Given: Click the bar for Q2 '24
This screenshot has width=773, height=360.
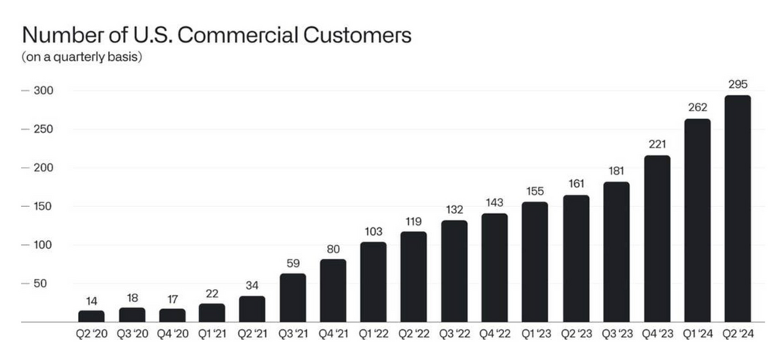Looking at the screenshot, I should point(737,209).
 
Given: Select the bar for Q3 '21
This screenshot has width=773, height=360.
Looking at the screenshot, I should point(293,297).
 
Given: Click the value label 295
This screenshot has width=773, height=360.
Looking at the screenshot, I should point(737,84).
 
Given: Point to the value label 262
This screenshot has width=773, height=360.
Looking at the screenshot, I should point(696,108).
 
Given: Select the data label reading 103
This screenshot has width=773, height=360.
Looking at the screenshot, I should point(373,232).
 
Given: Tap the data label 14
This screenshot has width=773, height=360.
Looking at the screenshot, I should point(91,301).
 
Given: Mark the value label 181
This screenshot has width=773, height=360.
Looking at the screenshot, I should point(616,172).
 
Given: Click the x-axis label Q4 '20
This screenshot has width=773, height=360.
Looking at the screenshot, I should point(172,334).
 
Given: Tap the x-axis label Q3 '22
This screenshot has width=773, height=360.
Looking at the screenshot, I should point(455,334).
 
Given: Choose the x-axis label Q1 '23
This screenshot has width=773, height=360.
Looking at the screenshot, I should point(535,334).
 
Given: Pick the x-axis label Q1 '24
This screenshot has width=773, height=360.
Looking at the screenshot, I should point(696,334).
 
